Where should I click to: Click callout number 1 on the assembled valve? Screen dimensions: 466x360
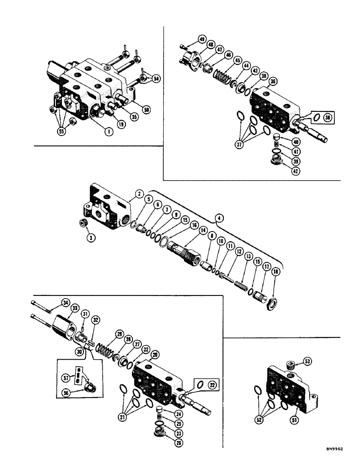(108, 132)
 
